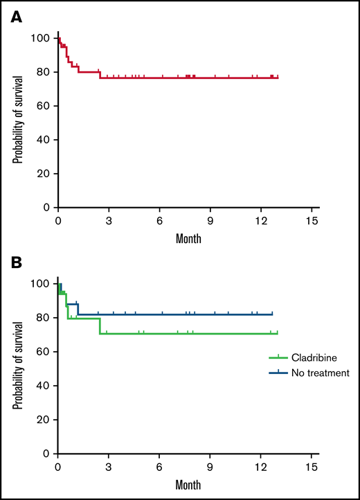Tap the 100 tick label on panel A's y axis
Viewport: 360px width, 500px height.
[x=44, y=39]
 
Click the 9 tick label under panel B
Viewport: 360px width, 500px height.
[x=210, y=466]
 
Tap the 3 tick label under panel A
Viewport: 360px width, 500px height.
[x=109, y=220]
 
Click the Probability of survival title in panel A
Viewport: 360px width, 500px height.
[x=16, y=123]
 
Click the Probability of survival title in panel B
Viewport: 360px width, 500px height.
[x=16, y=368]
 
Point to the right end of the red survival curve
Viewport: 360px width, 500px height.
[x=278, y=78]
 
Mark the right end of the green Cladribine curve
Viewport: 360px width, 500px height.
[x=277, y=334]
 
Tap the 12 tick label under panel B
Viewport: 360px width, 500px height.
[x=260, y=466]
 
